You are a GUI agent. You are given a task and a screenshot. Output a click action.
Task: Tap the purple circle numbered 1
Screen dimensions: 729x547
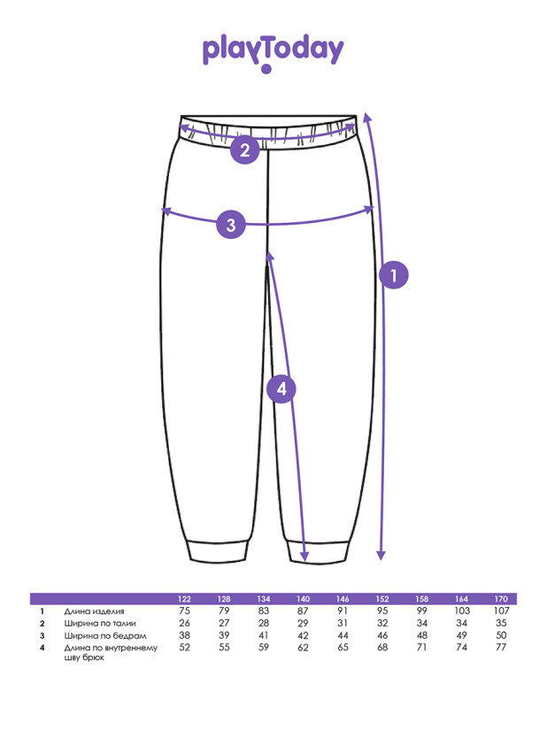(x=393, y=275)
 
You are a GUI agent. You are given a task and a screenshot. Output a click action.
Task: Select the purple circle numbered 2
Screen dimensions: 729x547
(x=245, y=150)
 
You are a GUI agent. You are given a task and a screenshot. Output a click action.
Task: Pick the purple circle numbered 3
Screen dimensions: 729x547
(x=231, y=224)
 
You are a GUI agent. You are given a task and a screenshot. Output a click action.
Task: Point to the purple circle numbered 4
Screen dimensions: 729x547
(x=281, y=388)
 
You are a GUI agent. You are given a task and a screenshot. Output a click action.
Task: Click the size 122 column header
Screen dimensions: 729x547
(x=185, y=599)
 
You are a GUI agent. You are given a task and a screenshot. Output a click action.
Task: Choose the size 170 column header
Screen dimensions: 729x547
(x=502, y=599)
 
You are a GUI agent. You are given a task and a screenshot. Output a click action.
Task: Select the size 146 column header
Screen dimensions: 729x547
(x=343, y=599)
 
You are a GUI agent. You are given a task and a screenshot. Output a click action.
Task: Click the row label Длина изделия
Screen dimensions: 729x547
(x=95, y=611)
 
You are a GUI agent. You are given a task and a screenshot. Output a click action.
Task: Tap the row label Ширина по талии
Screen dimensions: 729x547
(x=99, y=624)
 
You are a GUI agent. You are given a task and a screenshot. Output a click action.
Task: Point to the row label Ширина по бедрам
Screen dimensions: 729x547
(x=102, y=636)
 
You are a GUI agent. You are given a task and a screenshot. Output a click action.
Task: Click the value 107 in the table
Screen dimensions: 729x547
(x=502, y=611)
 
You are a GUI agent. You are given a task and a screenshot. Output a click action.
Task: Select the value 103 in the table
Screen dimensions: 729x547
(x=462, y=611)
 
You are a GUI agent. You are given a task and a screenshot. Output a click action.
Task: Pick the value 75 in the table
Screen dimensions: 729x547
(x=185, y=611)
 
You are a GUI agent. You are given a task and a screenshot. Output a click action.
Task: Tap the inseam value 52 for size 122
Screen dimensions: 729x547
(x=185, y=648)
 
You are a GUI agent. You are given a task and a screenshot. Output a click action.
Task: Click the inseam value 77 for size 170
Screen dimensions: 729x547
(x=502, y=648)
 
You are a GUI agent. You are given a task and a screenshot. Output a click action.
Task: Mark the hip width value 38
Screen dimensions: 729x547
(x=185, y=636)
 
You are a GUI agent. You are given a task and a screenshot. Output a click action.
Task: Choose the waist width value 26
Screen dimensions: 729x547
(x=185, y=624)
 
